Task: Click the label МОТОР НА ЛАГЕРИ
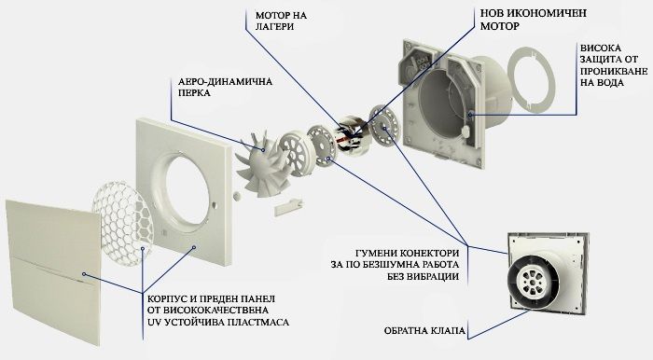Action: [x=281, y=21]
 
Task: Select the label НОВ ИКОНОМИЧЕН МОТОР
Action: [x=534, y=20]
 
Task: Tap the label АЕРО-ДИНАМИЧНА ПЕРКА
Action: [x=226, y=87]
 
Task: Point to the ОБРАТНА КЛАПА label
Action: [x=424, y=331]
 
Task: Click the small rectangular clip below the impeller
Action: [x=288, y=207]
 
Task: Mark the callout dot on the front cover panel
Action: [x=84, y=274]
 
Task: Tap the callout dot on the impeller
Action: [x=263, y=148]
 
